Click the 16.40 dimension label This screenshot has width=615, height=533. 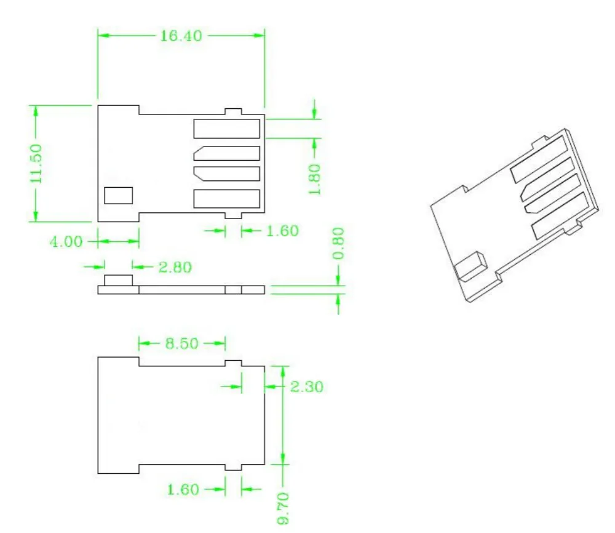[181, 36]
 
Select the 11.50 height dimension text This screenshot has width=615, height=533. [36, 163]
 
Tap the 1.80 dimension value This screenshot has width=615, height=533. [314, 179]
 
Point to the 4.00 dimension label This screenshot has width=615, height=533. [66, 242]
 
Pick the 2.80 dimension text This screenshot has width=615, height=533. [175, 267]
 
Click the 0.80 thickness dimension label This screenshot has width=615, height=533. [338, 243]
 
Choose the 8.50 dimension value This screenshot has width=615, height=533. [181, 343]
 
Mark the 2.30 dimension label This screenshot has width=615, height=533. [307, 387]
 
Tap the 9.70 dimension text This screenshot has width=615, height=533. [283, 508]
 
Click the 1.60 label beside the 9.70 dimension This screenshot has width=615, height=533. [183, 489]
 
